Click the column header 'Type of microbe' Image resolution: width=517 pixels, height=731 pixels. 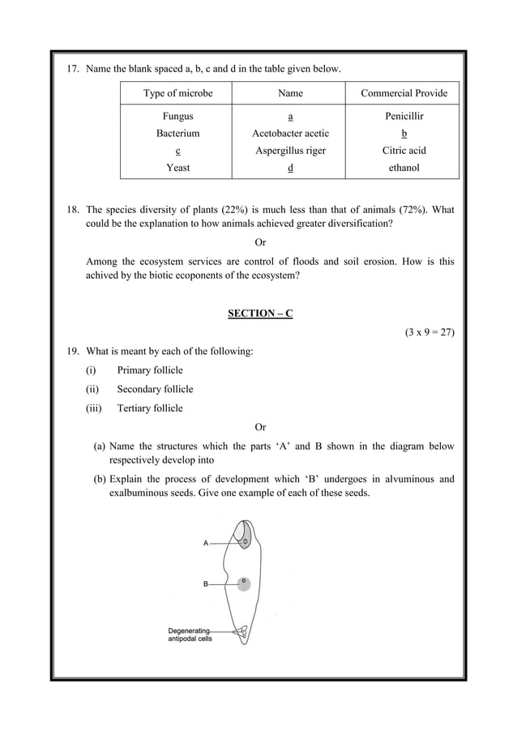(177, 93)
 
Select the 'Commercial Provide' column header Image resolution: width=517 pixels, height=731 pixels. (404, 93)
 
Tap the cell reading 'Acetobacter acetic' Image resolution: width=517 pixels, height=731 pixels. (290, 133)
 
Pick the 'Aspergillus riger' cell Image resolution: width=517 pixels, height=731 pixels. (290, 150)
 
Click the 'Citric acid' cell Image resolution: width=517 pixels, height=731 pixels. (404, 150)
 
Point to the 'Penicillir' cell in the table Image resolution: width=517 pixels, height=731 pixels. (404, 116)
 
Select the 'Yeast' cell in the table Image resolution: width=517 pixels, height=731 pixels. (177, 167)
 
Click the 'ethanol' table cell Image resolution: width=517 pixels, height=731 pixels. (404, 167)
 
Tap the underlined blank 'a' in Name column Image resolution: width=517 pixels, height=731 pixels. (290, 116)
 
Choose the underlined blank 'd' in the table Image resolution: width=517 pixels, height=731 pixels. (290, 167)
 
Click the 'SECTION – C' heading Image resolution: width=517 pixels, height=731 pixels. (259, 314)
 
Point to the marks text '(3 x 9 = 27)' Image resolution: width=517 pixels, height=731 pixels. (429, 332)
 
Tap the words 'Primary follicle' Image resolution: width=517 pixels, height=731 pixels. (150, 370)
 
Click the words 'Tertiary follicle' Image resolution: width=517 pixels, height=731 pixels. (150, 408)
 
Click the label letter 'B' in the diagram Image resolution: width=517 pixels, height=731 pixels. (206, 584)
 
